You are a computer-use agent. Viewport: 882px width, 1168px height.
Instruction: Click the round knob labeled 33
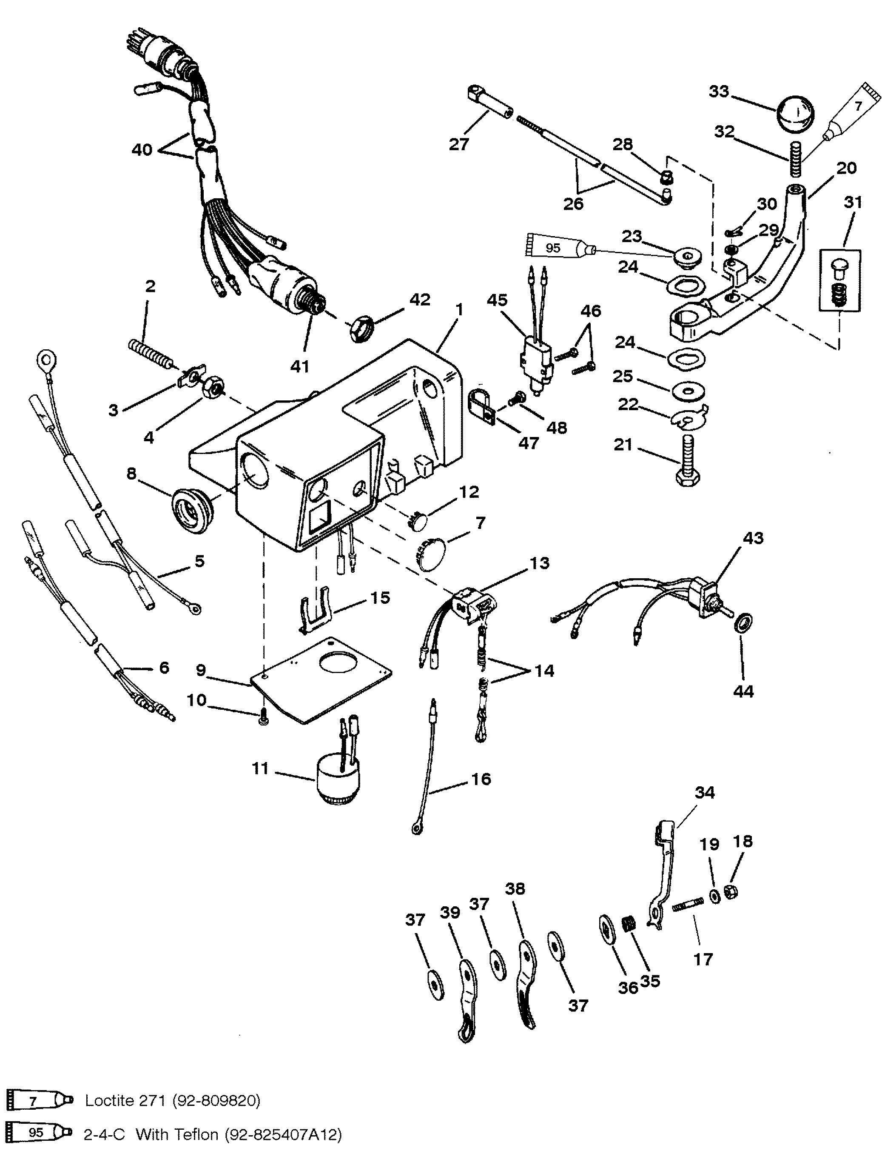[795, 116]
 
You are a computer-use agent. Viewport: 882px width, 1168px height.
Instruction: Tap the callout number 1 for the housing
[459, 310]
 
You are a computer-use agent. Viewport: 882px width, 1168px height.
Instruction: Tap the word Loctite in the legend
[111, 1100]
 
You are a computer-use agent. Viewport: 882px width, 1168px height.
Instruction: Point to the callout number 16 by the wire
[481, 779]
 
